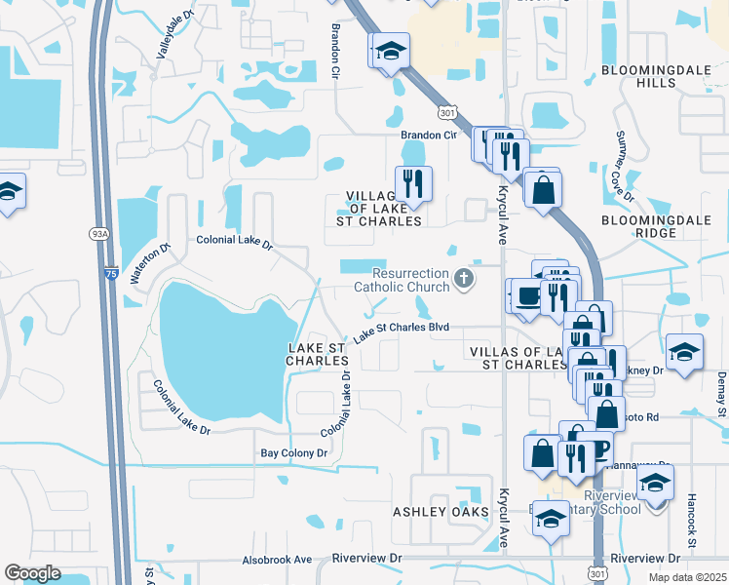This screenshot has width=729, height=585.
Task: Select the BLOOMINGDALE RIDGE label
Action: (x=652, y=226)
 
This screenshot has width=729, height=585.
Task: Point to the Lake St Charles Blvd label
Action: (x=401, y=331)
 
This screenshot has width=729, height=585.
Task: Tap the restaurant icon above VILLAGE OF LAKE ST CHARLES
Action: (x=412, y=183)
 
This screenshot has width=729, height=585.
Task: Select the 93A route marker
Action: (x=100, y=234)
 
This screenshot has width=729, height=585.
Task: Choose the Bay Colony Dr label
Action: (x=293, y=453)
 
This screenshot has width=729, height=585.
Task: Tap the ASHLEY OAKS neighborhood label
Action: (x=433, y=512)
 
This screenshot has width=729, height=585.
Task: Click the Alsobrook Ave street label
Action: (x=277, y=560)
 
